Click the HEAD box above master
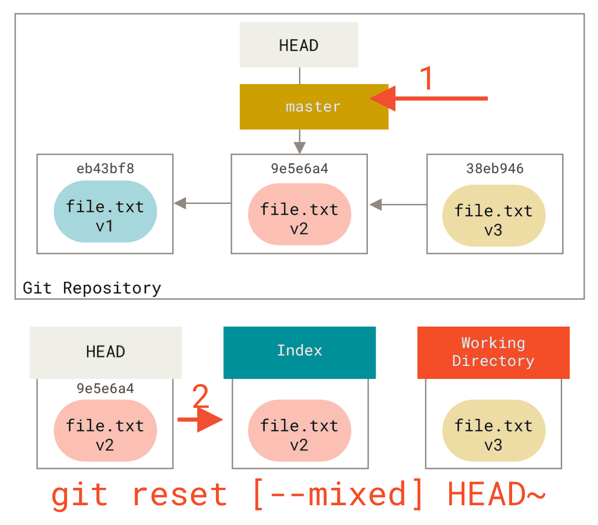(299, 45)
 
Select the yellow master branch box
(314, 107)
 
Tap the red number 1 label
(427, 78)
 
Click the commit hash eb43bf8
(105, 169)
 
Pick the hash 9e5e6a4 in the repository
(299, 169)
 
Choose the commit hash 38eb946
(495, 169)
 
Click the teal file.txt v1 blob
(105, 212)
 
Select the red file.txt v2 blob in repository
(299, 215)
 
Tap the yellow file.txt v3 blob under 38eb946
(494, 216)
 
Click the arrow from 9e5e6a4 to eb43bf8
(202, 203)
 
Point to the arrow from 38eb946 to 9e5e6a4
(397, 204)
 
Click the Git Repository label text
(92, 288)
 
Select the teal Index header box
(299, 352)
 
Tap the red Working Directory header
(493, 352)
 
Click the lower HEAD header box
(106, 352)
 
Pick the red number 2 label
(200, 395)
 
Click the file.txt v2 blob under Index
(299, 431)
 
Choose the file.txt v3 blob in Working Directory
(494, 431)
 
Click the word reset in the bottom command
(180, 495)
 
